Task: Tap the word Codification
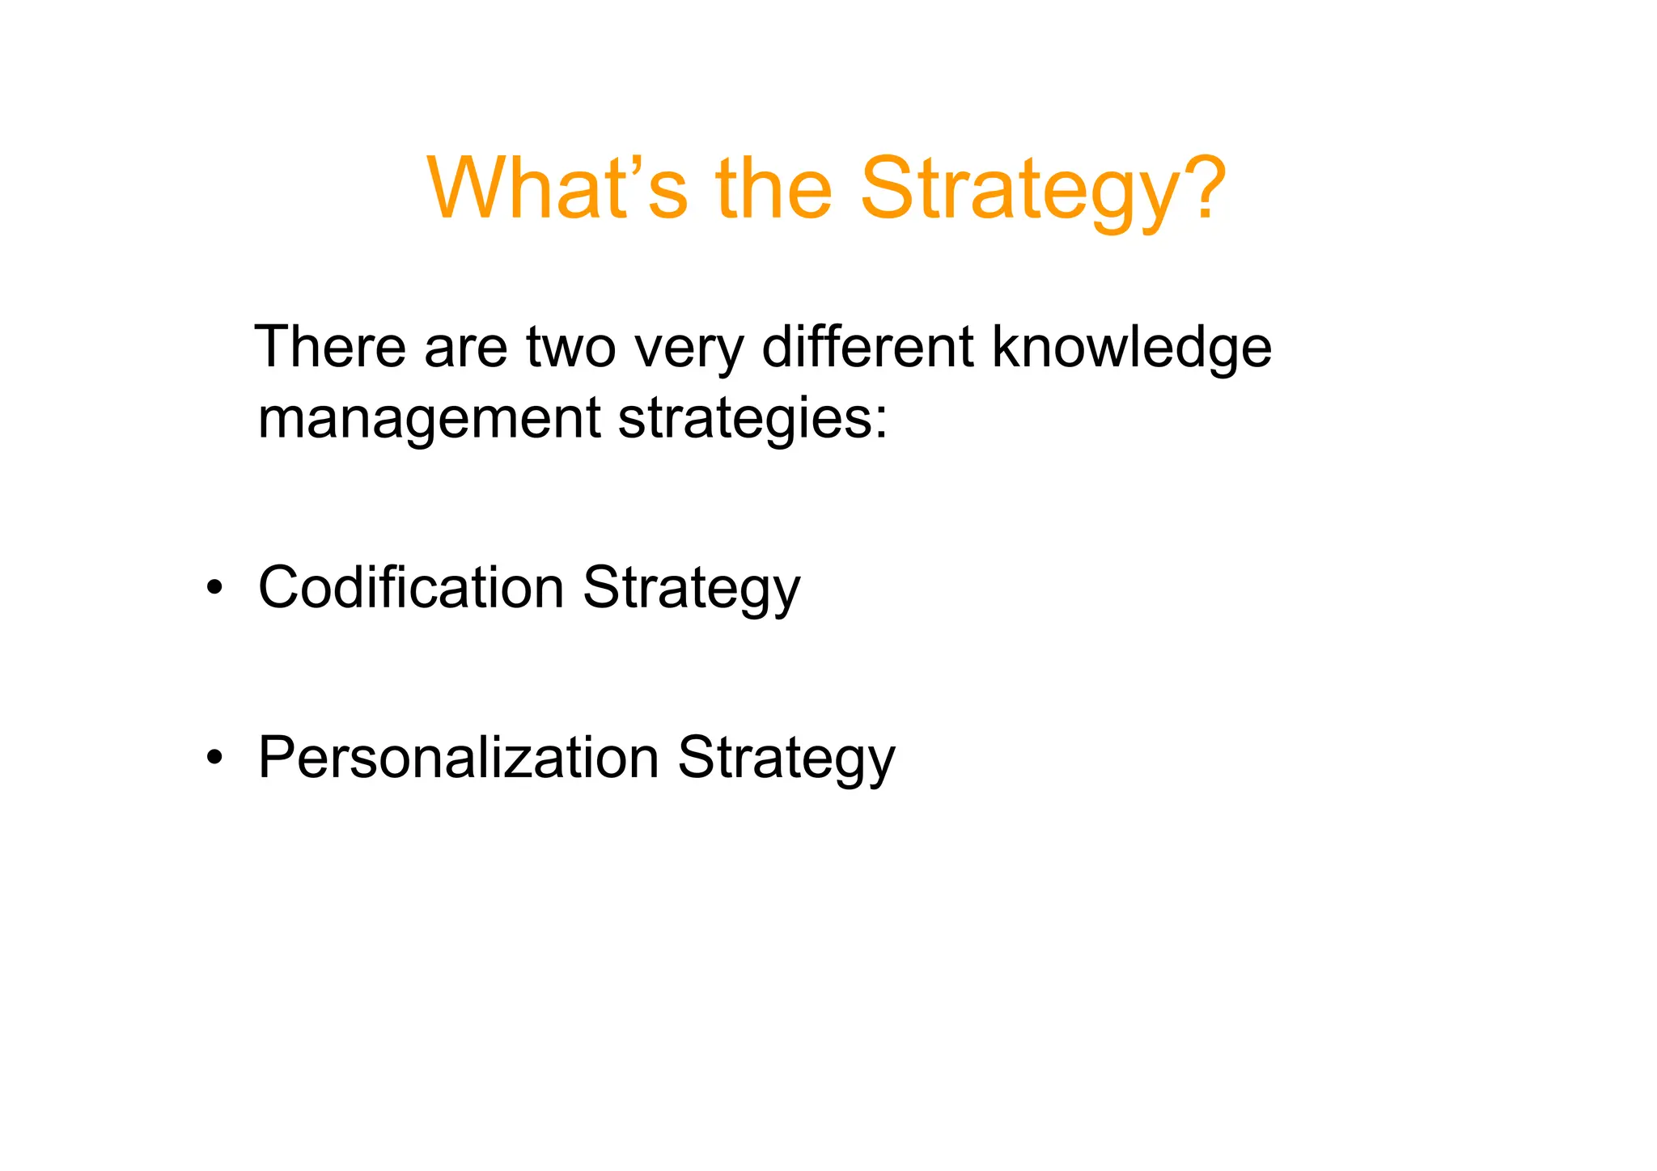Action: point(410,587)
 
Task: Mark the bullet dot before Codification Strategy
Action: point(214,589)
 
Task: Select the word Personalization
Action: point(458,759)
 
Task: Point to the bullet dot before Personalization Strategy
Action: point(214,759)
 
